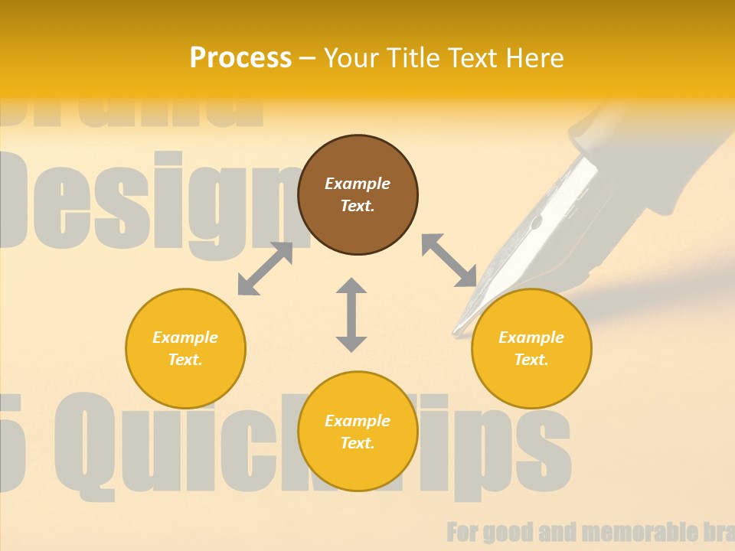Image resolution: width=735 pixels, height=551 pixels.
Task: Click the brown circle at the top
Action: click(358, 194)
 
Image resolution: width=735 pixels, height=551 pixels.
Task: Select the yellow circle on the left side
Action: click(185, 348)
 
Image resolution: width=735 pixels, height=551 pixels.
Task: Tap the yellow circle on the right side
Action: click(531, 348)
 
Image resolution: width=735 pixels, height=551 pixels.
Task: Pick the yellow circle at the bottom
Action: click(358, 432)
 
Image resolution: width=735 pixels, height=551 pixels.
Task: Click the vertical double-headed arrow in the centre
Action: click(351, 315)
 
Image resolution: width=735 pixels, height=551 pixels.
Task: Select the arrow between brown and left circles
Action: click(265, 269)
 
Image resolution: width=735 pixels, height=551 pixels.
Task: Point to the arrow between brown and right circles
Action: click(449, 260)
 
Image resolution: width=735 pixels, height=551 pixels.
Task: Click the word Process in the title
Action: click(240, 57)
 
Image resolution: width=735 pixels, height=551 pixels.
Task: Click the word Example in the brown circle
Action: click(358, 184)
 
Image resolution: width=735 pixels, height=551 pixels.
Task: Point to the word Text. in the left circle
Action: click(185, 360)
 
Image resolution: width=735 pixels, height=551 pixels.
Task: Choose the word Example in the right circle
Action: click(531, 337)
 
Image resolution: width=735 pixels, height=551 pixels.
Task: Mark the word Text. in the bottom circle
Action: click(358, 443)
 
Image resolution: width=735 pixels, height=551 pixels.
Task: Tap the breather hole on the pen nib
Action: click(536, 223)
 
